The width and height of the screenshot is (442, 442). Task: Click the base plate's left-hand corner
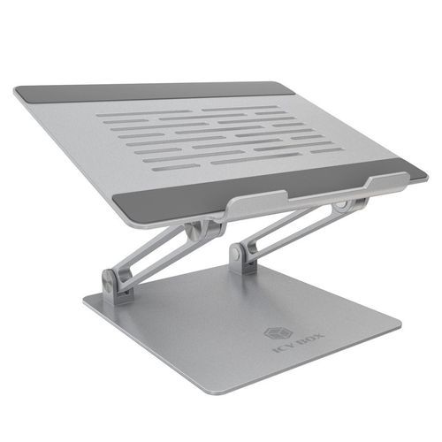click(85, 306)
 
